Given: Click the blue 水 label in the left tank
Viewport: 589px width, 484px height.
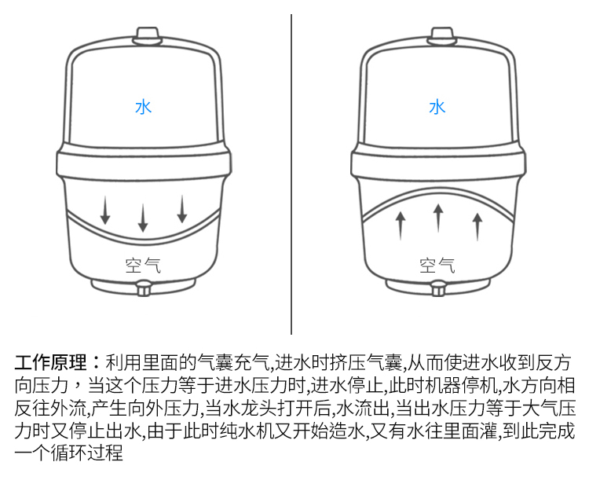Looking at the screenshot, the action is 143,107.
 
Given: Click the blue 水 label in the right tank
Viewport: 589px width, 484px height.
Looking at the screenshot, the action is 437,107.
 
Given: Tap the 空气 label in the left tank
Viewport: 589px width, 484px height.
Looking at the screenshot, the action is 143,266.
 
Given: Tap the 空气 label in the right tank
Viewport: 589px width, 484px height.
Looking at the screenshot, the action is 437,266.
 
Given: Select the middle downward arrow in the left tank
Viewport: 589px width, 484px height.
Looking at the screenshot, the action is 143,218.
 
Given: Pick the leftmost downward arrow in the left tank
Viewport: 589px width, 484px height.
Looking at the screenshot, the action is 105,210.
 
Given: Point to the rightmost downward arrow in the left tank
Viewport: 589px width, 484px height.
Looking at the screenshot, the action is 182,209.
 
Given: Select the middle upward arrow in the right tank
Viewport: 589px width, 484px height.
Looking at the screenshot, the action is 438,218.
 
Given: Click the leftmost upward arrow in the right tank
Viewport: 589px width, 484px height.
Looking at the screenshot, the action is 401,225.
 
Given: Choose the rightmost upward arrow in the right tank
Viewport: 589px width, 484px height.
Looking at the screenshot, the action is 477,226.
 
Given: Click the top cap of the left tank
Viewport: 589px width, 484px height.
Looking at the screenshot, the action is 148,35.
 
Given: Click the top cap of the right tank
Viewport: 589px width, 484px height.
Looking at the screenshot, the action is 442,35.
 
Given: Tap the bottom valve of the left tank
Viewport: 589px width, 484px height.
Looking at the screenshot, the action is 143,288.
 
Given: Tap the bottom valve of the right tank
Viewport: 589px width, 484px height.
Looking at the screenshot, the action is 438,288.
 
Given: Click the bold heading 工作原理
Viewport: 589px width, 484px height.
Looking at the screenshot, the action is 51,362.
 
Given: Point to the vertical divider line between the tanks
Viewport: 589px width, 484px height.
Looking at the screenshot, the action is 291,174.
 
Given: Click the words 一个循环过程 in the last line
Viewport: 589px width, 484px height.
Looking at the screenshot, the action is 69,453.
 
